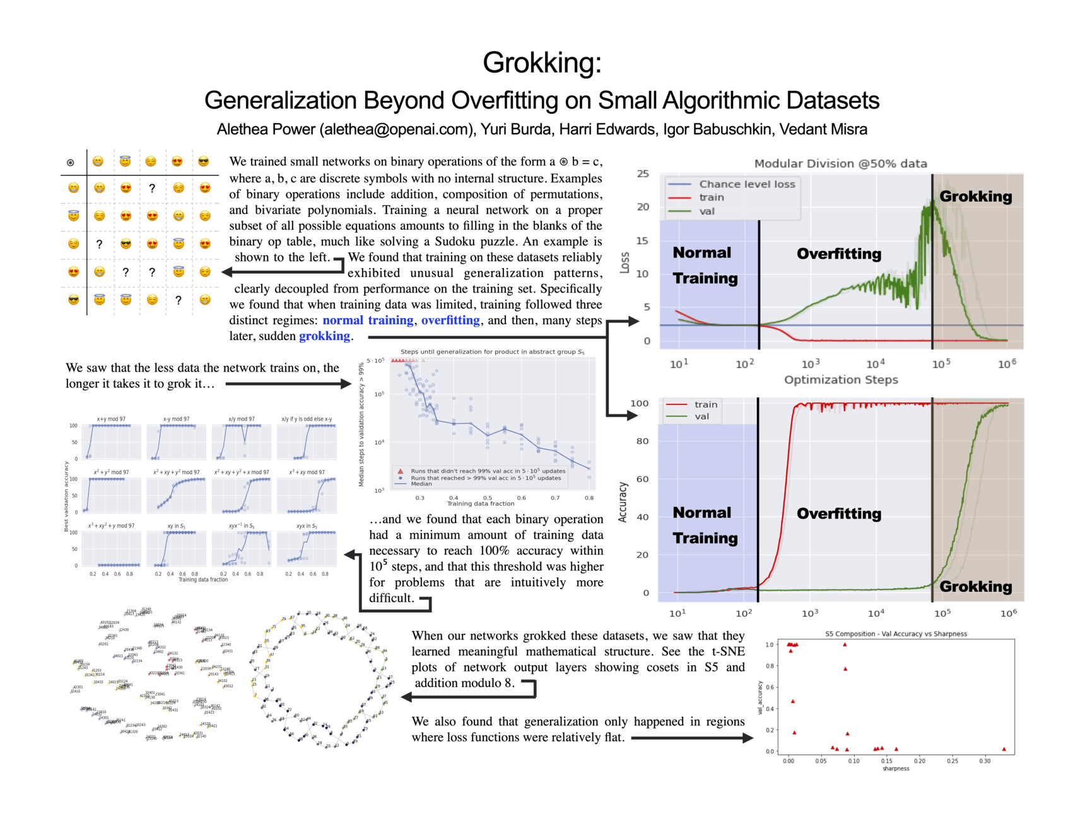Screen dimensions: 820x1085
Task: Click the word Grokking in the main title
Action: point(542,62)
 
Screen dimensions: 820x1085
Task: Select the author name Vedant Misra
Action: point(823,129)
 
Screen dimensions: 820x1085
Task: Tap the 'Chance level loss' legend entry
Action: point(747,184)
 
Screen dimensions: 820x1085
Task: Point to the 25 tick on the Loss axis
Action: point(643,173)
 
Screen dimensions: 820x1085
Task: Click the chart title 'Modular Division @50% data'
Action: point(840,163)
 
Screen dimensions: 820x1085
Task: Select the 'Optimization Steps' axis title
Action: point(840,380)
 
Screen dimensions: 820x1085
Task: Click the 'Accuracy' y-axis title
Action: point(623,502)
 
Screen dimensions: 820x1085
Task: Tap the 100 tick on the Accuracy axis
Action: point(639,404)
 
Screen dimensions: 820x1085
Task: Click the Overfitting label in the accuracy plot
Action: point(838,513)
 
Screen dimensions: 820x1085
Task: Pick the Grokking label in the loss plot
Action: point(975,196)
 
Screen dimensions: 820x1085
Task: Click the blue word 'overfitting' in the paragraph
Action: point(450,320)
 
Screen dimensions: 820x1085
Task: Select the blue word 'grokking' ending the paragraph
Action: point(324,336)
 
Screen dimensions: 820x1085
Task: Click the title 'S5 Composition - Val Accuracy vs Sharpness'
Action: point(896,634)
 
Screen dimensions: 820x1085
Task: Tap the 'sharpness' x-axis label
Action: point(896,768)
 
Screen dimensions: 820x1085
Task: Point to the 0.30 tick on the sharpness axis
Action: point(985,761)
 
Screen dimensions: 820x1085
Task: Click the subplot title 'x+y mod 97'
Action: point(111,419)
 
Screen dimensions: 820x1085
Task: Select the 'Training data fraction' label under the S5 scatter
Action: point(481,503)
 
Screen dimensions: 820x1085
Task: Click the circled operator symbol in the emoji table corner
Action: point(71,163)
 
